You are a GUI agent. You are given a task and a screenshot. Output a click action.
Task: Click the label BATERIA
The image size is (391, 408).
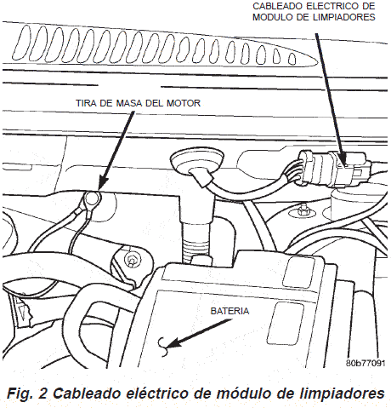tap(229, 312)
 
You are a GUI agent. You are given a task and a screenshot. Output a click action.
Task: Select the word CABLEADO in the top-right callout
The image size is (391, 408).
tap(276, 6)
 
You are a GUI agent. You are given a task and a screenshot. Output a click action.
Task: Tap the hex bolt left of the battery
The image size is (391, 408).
tap(132, 260)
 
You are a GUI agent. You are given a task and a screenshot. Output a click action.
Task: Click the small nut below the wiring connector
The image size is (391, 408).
tap(303, 210)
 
